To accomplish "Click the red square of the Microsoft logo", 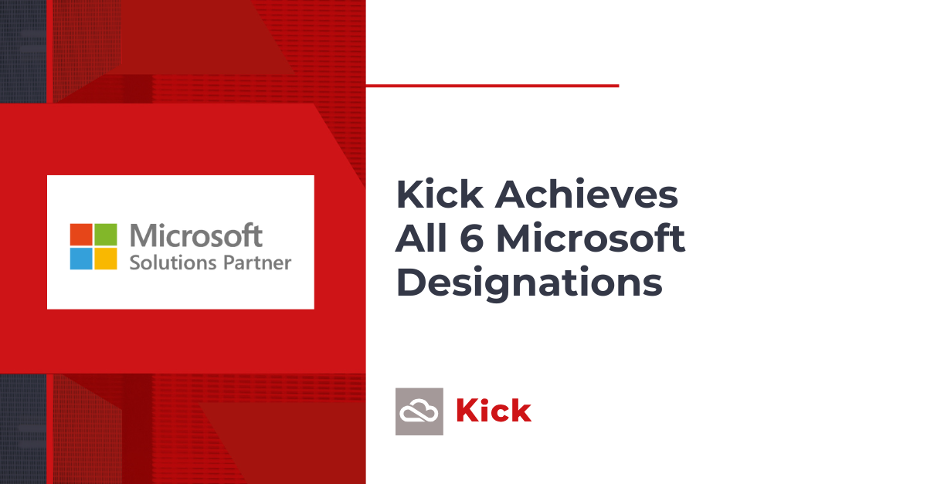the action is pos(81,235).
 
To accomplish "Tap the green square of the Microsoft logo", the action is pos(106,235).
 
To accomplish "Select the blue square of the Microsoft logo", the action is pos(81,259).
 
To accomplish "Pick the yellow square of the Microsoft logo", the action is pos(106,259).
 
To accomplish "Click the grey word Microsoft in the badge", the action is pos(196,235).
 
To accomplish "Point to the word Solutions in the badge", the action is pos(173,262).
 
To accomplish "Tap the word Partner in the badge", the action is pos(257,263).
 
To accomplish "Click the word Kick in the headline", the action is pos(440,194).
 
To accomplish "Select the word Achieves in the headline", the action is pos(586,194).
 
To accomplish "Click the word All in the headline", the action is pos(421,238).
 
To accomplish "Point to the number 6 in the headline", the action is pos(472,239).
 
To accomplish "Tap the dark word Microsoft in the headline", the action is pos(591,238).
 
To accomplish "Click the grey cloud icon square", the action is pos(419,411).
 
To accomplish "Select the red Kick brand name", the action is pos(494,411).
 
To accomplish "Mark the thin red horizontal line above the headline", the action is pos(493,86).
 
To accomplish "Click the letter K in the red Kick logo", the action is pos(467,411).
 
